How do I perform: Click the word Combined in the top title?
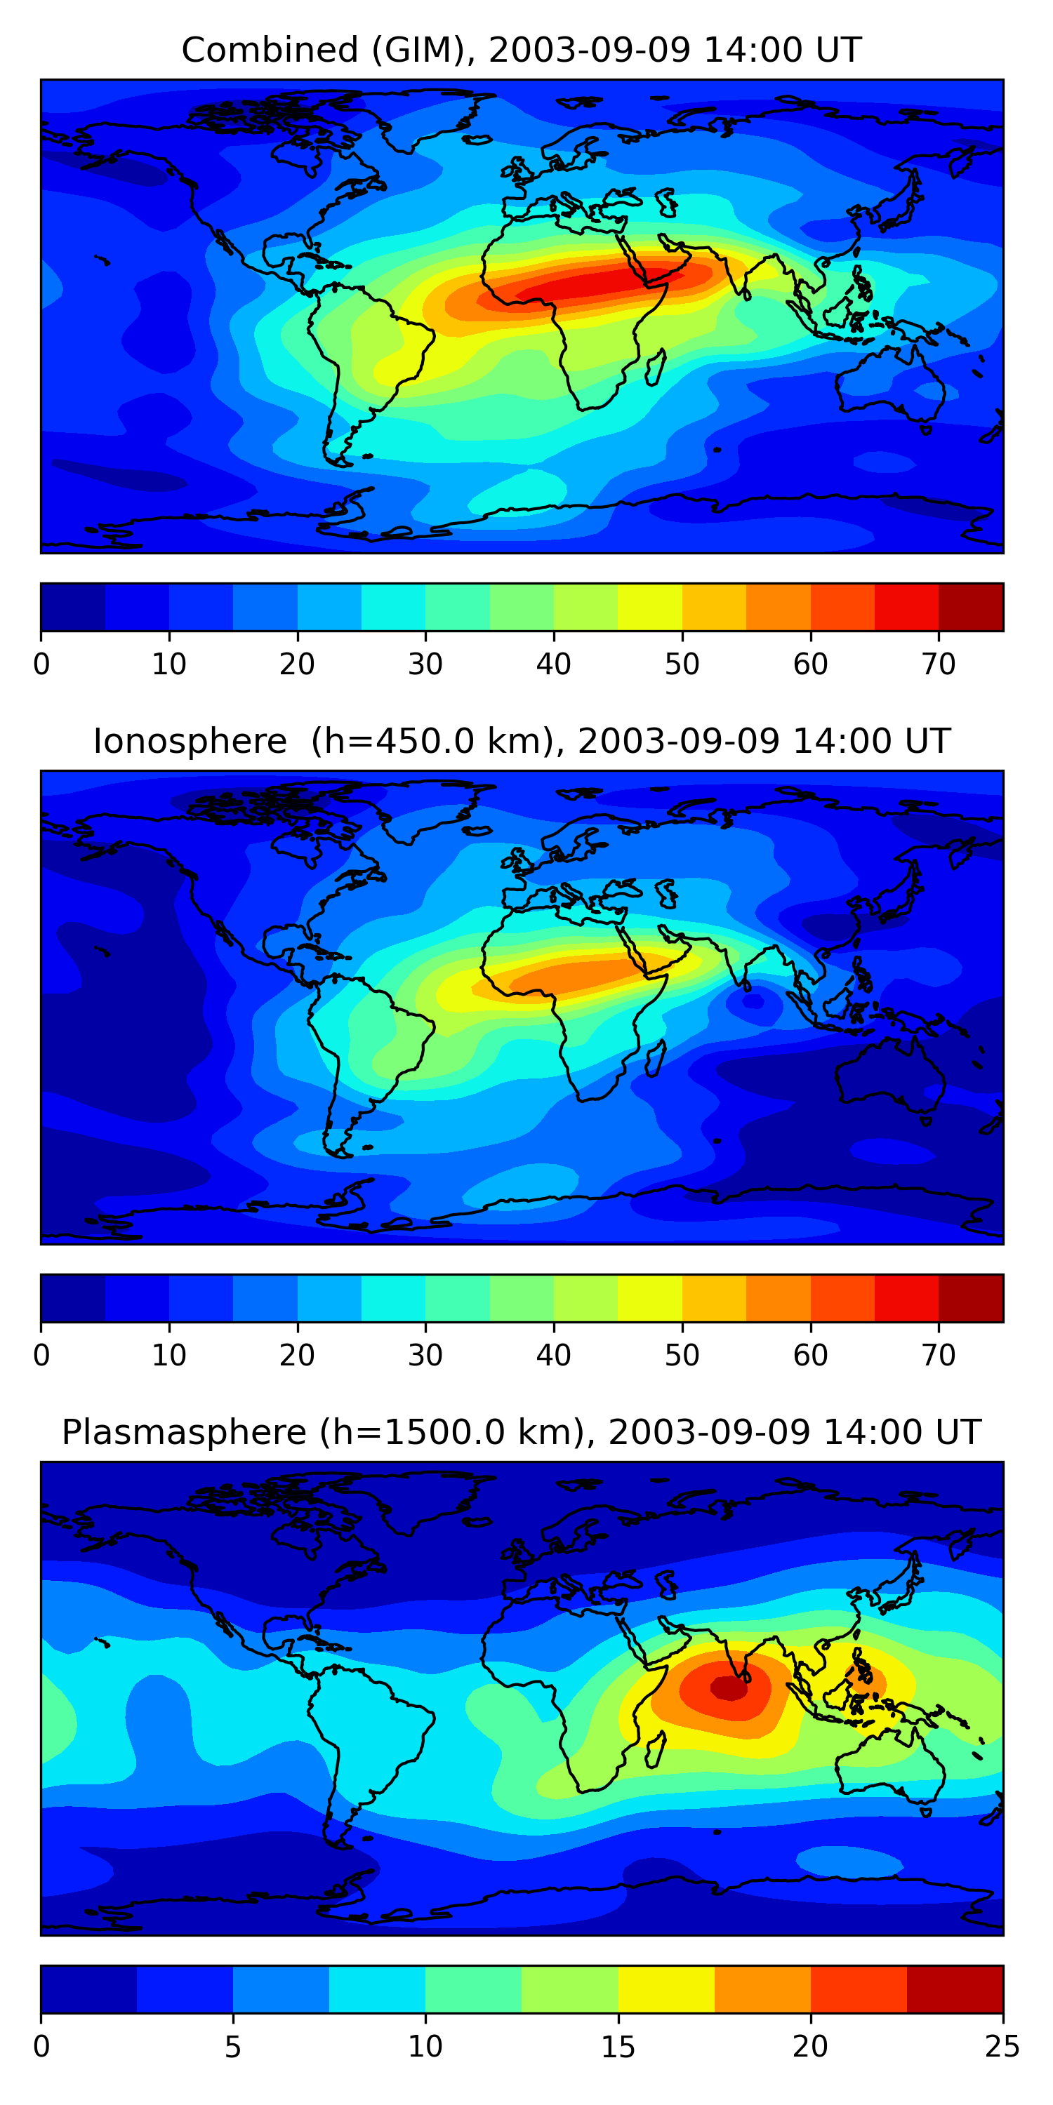(x=269, y=50)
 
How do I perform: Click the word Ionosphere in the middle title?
(x=190, y=741)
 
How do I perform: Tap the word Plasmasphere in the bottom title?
(x=183, y=1433)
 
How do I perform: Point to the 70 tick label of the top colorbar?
(x=938, y=664)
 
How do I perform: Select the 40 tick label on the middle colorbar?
(x=553, y=1356)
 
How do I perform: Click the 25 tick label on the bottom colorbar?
(x=1002, y=2047)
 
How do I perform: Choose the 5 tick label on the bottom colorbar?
(x=233, y=2047)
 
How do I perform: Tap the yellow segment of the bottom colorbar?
(x=665, y=1989)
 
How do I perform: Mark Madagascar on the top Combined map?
(x=656, y=367)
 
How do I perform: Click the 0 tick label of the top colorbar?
(x=41, y=664)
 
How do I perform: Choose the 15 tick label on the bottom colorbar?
(x=618, y=2047)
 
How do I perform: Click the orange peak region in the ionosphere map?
(x=572, y=975)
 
